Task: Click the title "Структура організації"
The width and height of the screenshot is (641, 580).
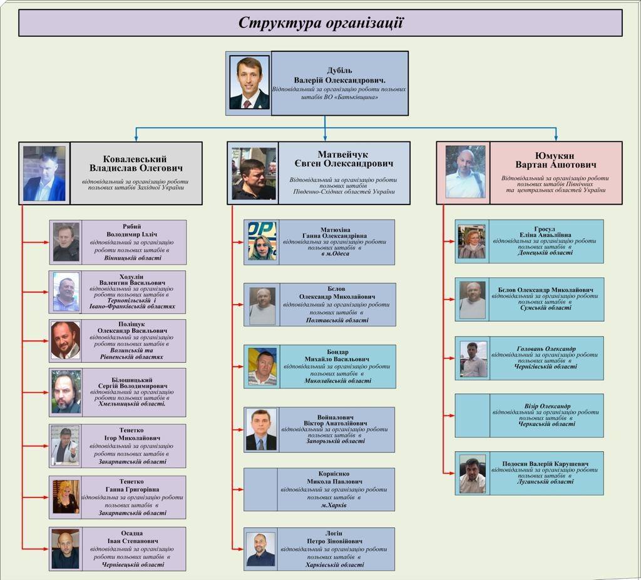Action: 320,23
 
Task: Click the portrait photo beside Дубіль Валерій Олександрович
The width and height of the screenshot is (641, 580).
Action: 249,83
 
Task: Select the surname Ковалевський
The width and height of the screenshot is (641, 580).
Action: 135,159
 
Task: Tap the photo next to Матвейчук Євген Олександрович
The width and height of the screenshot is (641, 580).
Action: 254,173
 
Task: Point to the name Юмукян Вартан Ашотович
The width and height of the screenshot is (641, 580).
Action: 556,160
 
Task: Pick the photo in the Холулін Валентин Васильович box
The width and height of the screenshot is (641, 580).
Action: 66,292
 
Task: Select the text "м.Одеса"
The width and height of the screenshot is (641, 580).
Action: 335,254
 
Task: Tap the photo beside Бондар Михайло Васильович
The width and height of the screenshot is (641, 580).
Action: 262,367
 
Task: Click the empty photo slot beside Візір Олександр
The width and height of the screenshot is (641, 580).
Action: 472,415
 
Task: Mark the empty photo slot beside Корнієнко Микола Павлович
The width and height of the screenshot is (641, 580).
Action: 260,489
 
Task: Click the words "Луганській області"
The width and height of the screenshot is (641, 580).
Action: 545,482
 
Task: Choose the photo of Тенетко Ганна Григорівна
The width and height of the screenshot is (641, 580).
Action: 66,497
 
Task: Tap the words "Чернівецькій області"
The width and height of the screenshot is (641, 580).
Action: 133,564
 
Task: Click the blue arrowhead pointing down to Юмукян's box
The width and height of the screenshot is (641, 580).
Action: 555,138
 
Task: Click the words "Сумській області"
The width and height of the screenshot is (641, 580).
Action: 545,308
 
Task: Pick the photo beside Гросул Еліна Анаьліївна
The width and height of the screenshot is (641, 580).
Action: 471,242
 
